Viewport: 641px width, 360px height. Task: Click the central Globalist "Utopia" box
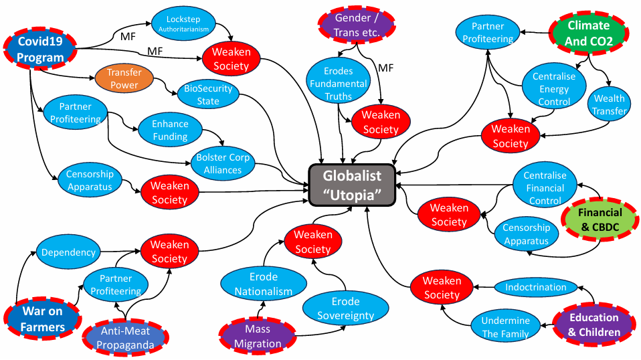[352, 185]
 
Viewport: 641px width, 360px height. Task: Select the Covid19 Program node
[40, 49]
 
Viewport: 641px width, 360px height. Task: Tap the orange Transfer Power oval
[124, 78]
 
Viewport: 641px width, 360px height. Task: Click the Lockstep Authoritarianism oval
[183, 23]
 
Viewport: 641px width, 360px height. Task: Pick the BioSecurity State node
[208, 94]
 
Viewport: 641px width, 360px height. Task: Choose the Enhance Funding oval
[170, 130]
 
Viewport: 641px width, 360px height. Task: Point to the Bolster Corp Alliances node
[223, 163]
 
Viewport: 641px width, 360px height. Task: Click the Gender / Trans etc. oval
[357, 25]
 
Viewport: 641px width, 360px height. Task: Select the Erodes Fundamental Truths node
[338, 84]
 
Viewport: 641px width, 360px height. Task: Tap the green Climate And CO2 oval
[588, 33]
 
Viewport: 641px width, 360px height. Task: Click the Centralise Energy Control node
[554, 89]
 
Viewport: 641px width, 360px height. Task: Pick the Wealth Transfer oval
[609, 104]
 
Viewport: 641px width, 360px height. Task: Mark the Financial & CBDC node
[600, 219]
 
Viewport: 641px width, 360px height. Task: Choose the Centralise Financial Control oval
[545, 188]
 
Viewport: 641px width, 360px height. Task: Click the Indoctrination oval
[536, 287]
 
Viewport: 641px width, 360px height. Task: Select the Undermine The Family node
[505, 327]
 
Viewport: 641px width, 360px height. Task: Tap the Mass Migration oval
[258, 336]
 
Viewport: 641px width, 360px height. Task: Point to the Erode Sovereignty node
[346, 308]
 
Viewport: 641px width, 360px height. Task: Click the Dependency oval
[68, 252]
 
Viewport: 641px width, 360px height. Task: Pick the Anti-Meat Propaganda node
[126, 338]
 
